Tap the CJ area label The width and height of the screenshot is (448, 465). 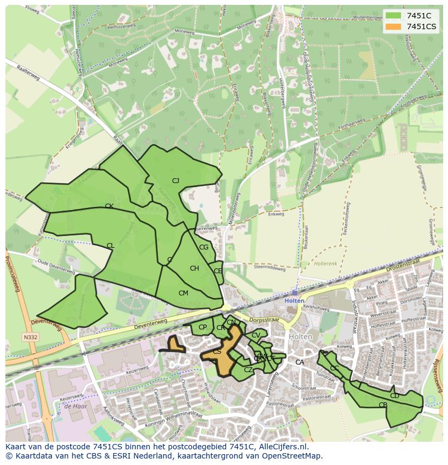pos(175,181)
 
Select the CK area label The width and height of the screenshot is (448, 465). pos(109,206)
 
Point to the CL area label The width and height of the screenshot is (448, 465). pos(110,246)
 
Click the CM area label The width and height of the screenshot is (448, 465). pos(183,293)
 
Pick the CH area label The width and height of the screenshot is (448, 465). pos(194,268)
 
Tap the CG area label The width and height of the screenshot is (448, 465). pos(204,247)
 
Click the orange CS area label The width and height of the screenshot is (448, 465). pos(216,352)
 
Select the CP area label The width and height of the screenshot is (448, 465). pos(202,327)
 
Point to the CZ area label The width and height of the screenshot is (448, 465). pos(248,370)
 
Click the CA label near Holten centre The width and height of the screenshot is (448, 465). pos(299,362)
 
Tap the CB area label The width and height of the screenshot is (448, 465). pos(383,405)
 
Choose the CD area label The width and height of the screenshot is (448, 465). pos(394,396)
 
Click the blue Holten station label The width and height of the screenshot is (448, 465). pos(294,301)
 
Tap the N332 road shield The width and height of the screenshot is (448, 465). pos(30,337)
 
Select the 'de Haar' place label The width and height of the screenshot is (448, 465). pos(75,407)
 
